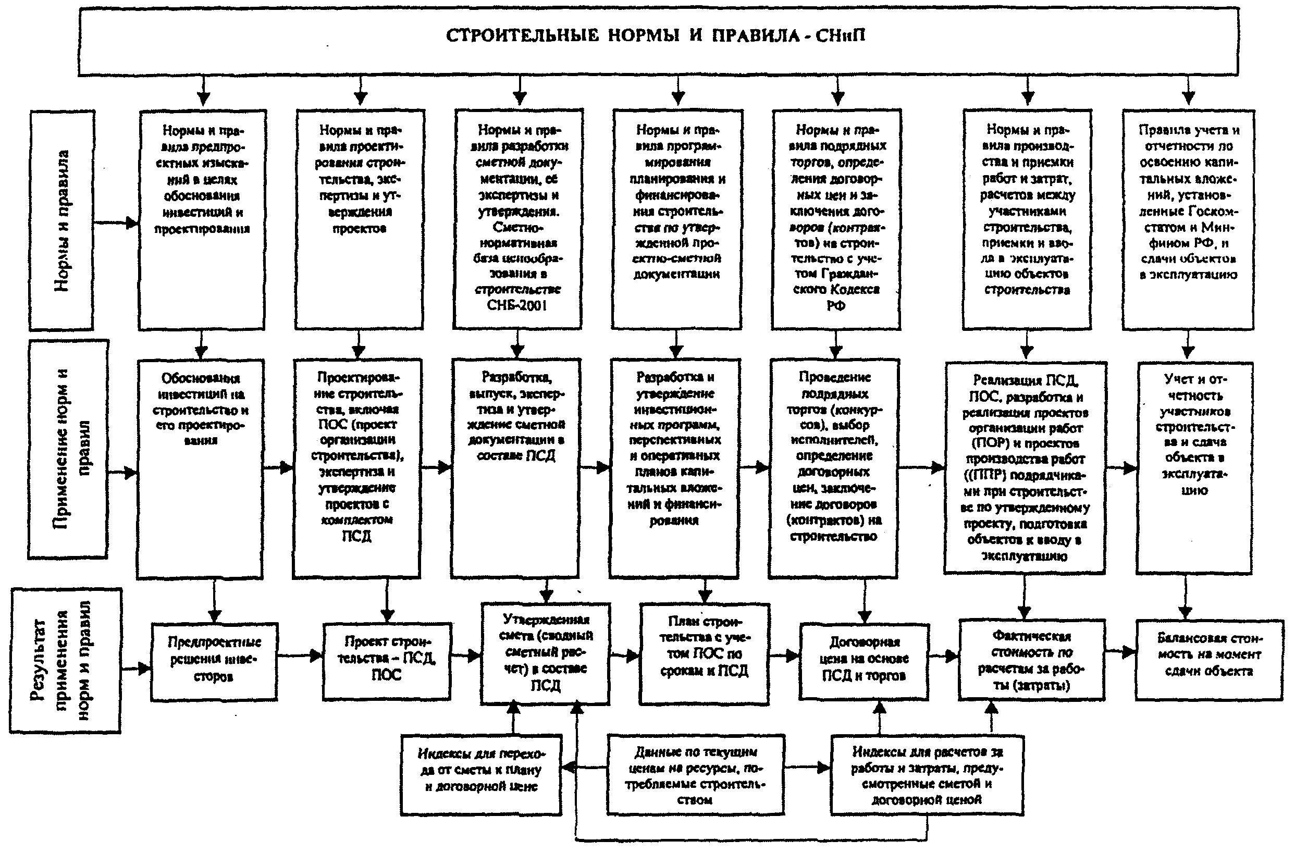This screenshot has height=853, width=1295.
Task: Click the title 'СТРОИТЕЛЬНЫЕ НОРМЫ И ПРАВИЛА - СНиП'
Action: tap(655, 36)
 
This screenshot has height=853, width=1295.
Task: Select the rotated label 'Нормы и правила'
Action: tap(61, 220)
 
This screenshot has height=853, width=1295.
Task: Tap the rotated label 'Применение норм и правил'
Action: tap(69, 449)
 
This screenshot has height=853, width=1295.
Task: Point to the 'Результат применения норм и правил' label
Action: tap(66, 660)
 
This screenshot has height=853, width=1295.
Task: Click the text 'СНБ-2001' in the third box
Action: tap(516, 305)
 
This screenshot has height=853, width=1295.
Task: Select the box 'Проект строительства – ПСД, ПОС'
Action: tap(386, 659)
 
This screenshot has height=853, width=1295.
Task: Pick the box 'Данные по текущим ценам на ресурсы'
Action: tap(695, 775)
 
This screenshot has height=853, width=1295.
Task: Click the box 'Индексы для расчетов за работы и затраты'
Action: tap(927, 775)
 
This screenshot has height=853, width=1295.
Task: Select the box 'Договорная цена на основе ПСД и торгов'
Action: tap(864, 659)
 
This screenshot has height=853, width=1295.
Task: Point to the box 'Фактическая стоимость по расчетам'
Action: tap(1031, 659)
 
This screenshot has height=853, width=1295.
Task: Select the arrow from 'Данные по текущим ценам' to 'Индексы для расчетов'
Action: tap(807, 768)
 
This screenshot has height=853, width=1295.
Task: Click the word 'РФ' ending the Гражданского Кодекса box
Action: tap(836, 306)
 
